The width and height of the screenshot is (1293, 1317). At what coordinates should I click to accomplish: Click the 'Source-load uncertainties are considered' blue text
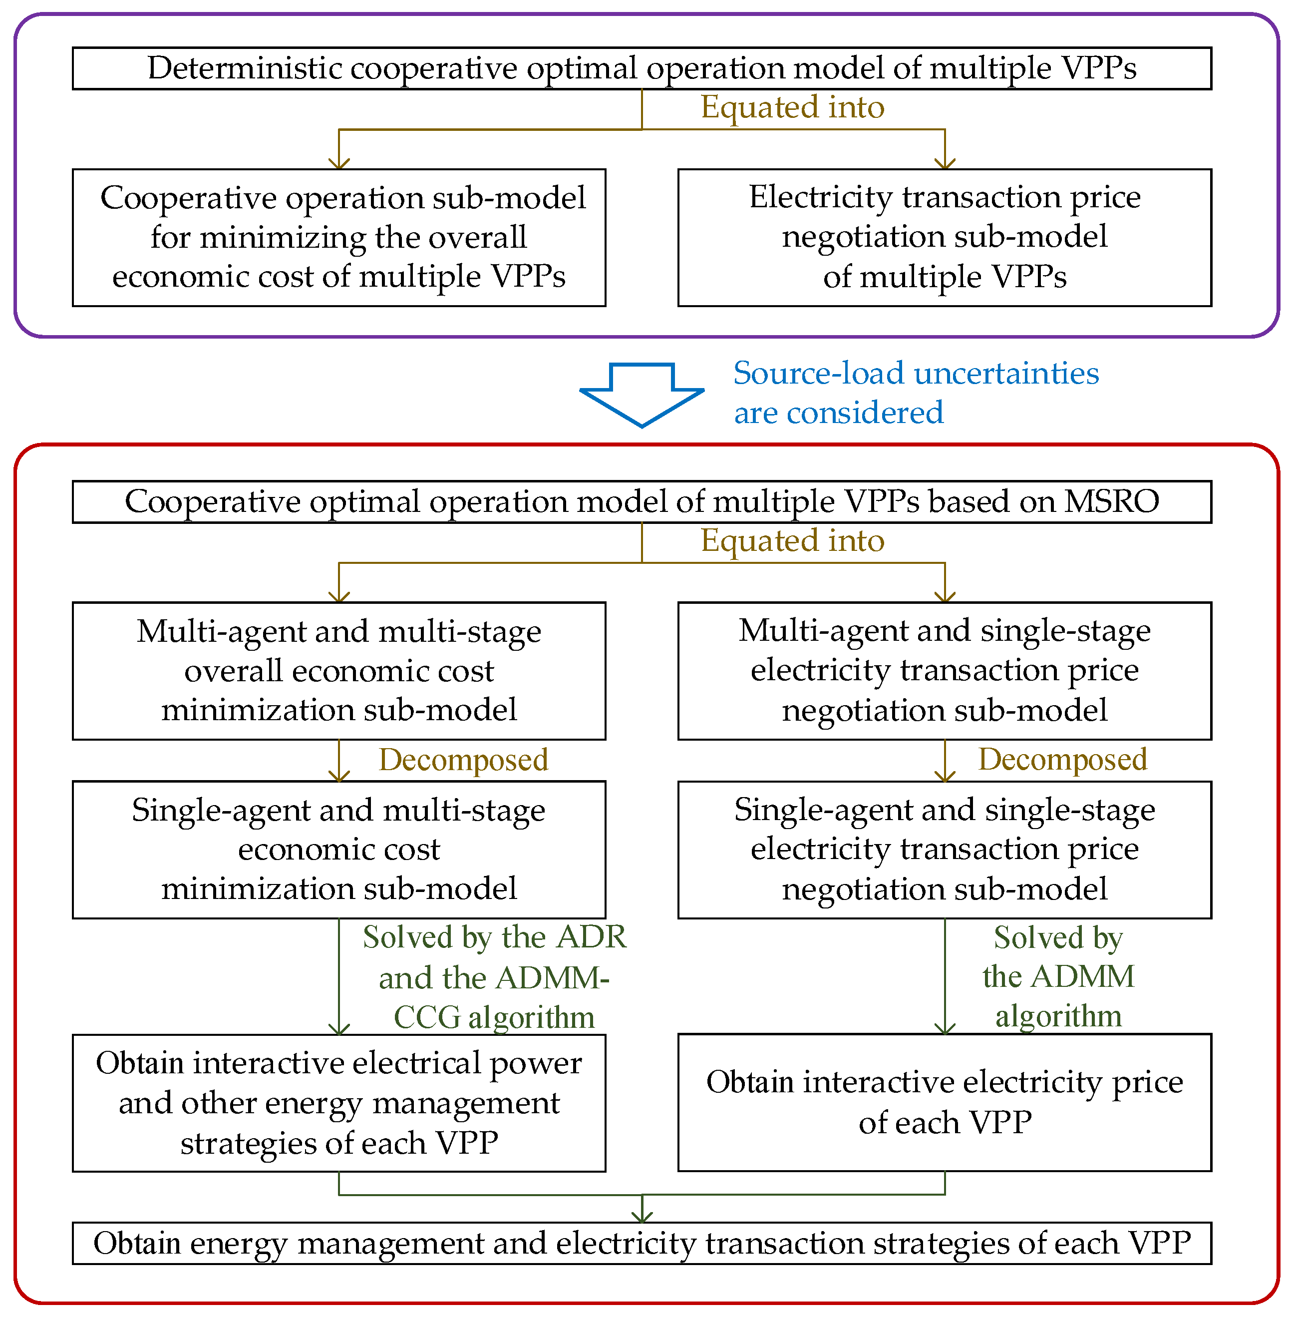pyautogui.click(x=916, y=393)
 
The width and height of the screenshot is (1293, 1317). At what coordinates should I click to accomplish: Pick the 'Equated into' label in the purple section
pyautogui.click(x=792, y=107)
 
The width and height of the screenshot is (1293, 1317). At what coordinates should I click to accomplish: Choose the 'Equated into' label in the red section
pyautogui.click(x=792, y=541)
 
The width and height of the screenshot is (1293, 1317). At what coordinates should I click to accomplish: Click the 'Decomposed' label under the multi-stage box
pyautogui.click(x=463, y=759)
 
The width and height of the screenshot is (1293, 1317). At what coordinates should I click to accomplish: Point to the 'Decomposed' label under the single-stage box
pyautogui.click(x=1062, y=759)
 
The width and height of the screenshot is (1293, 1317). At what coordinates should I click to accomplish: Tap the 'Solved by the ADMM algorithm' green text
pyautogui.click(x=1058, y=977)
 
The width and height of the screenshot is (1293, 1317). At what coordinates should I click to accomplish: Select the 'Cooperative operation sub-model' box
pyautogui.click(x=339, y=238)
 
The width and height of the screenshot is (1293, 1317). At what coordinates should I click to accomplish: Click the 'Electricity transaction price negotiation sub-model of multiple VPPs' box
pyautogui.click(x=944, y=238)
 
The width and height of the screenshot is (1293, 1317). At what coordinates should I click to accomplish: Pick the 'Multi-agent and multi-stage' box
pyautogui.click(x=339, y=670)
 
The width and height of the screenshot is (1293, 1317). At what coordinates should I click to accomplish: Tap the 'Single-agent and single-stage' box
pyautogui.click(x=944, y=849)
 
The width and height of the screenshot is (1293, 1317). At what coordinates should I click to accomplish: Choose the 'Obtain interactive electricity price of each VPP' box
pyautogui.click(x=944, y=1102)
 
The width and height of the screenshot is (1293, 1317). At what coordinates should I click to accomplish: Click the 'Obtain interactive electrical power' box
pyautogui.click(x=339, y=1102)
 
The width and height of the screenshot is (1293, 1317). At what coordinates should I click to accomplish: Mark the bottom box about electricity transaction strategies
pyautogui.click(x=642, y=1243)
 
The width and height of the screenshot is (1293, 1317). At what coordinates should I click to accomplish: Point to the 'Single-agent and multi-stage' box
pyautogui.click(x=339, y=849)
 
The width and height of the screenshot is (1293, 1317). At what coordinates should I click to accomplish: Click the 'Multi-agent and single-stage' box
pyautogui.click(x=944, y=670)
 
